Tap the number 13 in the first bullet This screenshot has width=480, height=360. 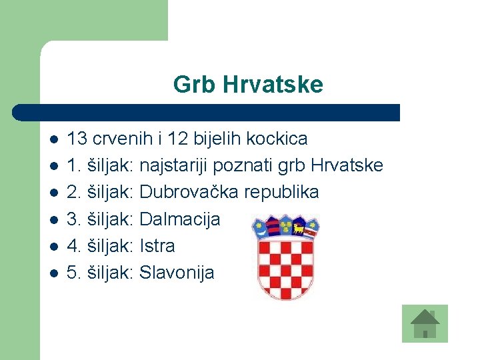(x=77, y=139)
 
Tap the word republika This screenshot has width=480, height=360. (x=281, y=193)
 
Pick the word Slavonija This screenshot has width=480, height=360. (x=177, y=272)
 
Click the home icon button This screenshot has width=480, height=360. (x=425, y=323)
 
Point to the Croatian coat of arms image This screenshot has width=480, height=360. (x=285, y=257)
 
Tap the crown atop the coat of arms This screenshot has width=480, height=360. (x=285, y=226)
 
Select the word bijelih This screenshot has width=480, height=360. (x=219, y=139)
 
